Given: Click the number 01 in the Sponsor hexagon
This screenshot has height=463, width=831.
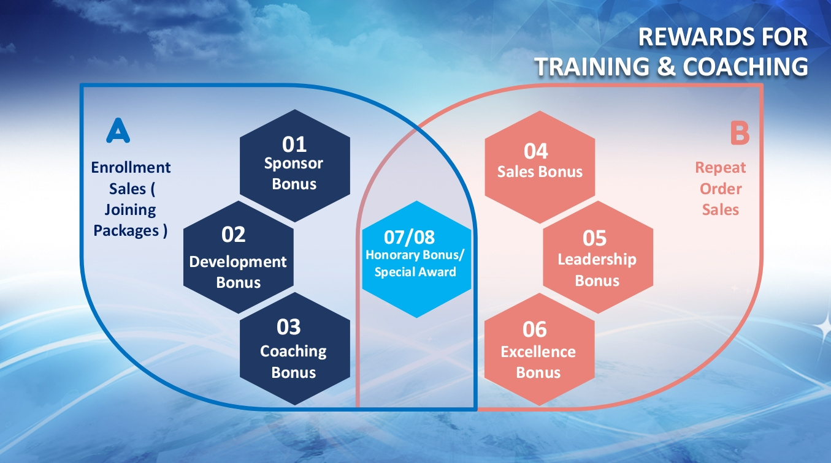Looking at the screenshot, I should (x=294, y=144).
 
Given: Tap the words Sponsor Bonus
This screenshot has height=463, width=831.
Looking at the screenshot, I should (x=294, y=174).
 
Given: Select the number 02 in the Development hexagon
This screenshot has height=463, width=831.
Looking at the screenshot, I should (x=233, y=234).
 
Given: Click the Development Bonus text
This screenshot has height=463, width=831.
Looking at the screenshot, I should (x=238, y=272).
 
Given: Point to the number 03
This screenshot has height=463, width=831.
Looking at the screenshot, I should (x=288, y=327).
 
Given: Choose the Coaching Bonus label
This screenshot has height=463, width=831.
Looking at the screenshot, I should (x=293, y=361).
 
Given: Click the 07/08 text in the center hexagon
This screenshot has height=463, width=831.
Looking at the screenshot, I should (x=409, y=237).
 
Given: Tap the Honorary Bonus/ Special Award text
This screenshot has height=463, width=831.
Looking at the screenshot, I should (x=415, y=263).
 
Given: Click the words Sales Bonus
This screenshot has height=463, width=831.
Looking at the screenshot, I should (x=540, y=171).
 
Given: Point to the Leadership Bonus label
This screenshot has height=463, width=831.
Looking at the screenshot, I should (x=597, y=270).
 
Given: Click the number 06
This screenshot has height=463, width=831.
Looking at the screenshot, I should (x=534, y=329).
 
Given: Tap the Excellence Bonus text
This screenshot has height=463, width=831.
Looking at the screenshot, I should (x=538, y=362).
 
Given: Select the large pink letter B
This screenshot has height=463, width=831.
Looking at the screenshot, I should (x=740, y=134).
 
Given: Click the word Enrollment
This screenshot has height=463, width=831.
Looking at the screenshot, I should (x=131, y=168).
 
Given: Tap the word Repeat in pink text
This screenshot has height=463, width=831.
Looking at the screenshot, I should (x=721, y=168).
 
